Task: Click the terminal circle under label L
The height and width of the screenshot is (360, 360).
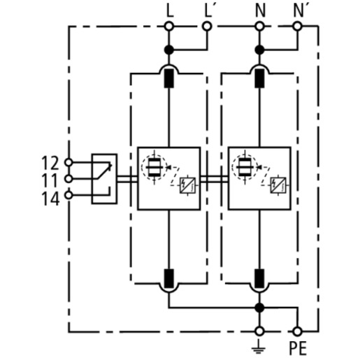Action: point(169,27)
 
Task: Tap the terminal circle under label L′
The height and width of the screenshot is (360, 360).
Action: point(207,27)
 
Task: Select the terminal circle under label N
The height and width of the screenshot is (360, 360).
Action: point(259,27)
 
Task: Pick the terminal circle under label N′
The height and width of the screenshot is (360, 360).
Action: point(297,27)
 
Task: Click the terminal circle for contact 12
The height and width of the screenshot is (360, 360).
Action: point(69,162)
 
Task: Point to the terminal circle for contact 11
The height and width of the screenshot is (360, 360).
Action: point(69,179)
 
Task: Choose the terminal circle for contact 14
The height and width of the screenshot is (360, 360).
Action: point(69,195)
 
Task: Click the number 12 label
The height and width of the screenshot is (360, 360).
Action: point(50,163)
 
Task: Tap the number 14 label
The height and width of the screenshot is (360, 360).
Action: point(50,199)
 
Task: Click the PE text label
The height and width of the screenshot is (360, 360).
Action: point(298,348)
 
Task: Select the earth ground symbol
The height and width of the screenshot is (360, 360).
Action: point(259,347)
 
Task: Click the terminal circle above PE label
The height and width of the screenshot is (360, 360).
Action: point(297,331)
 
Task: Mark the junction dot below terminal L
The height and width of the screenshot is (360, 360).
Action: point(169,50)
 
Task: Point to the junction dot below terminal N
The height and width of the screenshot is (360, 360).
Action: point(259,50)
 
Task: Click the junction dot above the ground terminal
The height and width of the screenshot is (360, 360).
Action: point(259,308)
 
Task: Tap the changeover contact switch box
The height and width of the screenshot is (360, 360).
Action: point(104,179)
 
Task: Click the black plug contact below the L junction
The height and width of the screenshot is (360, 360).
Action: point(169,78)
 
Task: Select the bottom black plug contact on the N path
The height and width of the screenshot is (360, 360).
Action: point(259,278)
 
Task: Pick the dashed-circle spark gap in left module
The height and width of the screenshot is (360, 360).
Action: point(154,167)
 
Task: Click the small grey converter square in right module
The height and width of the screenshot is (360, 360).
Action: point(278,185)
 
